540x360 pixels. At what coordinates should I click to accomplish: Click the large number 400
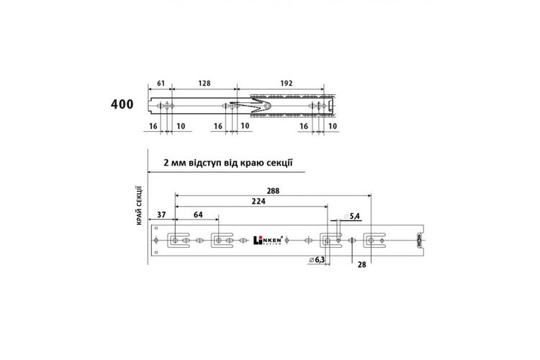(122, 104)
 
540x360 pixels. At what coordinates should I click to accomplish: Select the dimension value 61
(161, 83)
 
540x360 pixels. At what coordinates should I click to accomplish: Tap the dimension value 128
(204, 83)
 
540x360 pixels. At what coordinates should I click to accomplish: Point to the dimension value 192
(286, 83)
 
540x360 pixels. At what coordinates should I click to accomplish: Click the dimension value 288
(273, 191)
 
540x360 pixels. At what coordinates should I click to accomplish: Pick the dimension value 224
(258, 201)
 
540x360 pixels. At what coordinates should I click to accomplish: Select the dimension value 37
(161, 215)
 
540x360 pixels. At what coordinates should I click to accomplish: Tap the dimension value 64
(198, 215)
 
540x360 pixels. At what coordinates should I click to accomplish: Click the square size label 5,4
(354, 216)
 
